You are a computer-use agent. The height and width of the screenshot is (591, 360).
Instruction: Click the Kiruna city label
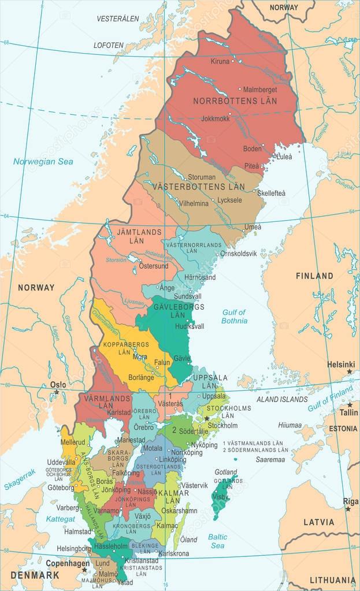pos(220,61)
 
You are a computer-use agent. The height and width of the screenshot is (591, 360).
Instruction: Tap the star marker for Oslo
pos(57,393)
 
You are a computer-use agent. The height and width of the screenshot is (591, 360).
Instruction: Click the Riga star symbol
pos(348,509)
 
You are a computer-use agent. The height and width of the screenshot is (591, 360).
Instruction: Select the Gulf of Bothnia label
pos(235,316)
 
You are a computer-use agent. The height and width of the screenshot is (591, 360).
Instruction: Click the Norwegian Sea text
pos(43,162)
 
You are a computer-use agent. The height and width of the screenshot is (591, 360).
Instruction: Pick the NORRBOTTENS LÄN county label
pos(235,101)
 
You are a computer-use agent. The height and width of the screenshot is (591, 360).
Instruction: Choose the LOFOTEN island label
pos(109,44)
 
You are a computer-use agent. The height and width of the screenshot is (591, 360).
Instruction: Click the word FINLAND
pos(314,276)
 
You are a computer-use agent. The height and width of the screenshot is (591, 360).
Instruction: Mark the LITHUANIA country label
pos(332,579)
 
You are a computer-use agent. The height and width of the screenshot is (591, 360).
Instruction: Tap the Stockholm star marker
pos(206,418)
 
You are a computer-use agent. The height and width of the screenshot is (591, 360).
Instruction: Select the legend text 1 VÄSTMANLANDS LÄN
pos(247,443)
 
